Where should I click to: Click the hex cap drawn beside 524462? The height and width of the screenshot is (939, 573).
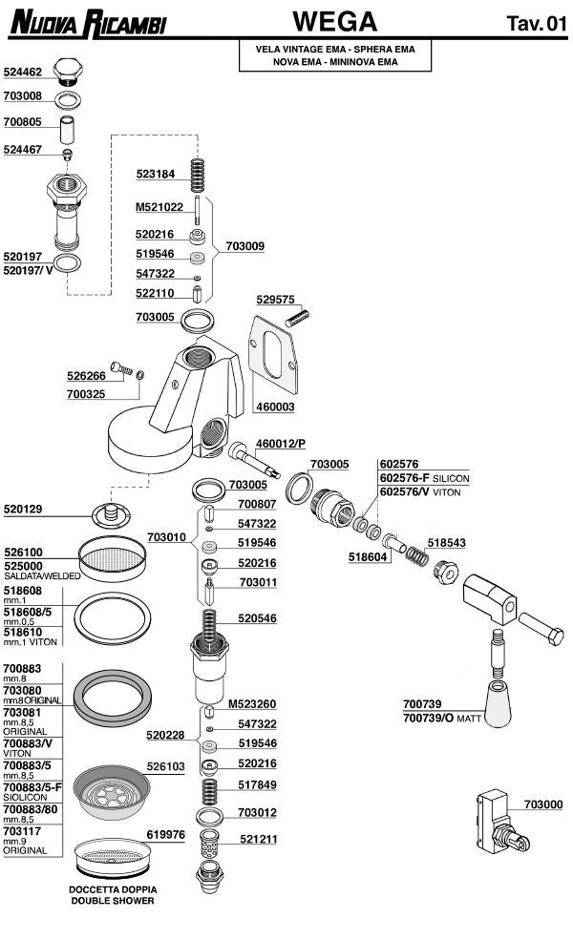coord(67,71)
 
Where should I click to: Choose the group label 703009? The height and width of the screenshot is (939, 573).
coord(244,246)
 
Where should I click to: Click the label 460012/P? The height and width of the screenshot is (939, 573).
coord(282,444)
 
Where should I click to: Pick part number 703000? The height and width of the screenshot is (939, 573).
coord(541,804)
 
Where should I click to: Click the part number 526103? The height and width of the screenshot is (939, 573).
coord(165,766)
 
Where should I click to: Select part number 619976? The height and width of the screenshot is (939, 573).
coord(165,834)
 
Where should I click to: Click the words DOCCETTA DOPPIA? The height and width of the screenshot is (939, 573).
coord(113,889)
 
